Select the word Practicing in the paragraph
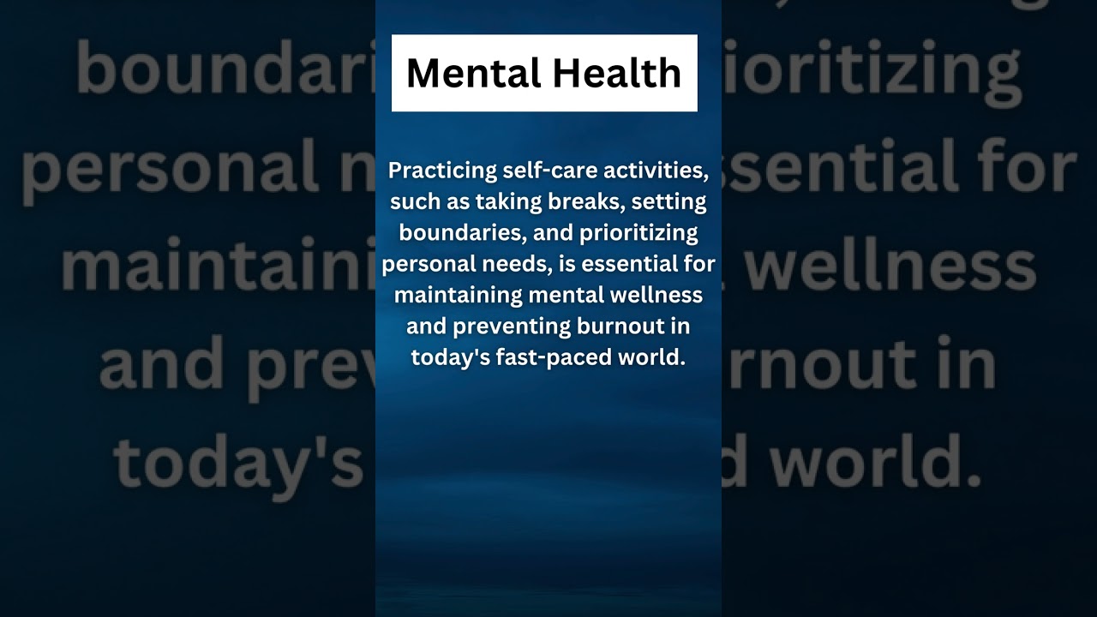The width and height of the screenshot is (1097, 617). pos(443,171)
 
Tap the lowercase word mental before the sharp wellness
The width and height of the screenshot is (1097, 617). pos(565,296)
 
